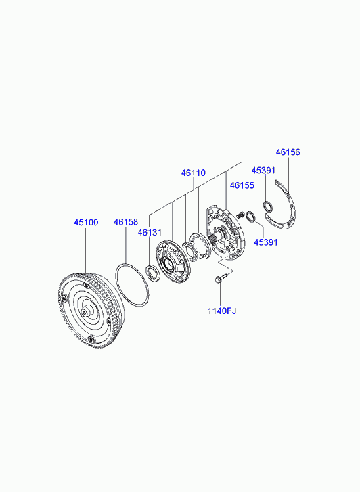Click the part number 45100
coord(86,222)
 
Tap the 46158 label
coord(126,222)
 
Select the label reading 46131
coord(150,233)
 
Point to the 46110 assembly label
coord(194,173)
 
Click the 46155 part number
coord(242,185)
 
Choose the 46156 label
coord(288,152)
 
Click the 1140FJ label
coord(221,311)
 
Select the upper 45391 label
coord(263,170)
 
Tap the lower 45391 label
coord(266,242)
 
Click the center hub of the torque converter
coord(85,311)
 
